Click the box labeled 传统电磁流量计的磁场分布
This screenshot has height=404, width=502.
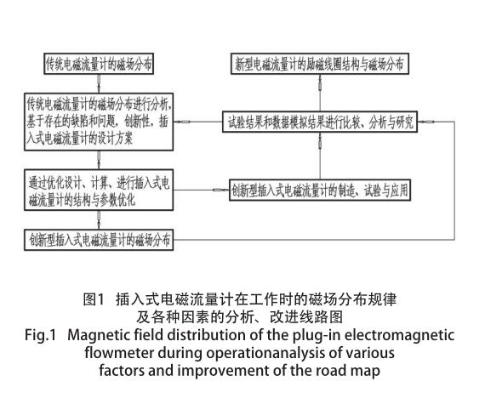point(99,64)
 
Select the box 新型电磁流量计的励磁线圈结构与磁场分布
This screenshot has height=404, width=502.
point(320,64)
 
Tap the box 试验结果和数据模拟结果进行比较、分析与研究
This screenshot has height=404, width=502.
point(320,122)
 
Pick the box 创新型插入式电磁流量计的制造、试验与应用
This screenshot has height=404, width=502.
point(320,191)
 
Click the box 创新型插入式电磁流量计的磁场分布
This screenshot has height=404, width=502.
point(99,240)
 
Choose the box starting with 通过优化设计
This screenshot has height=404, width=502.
point(99,191)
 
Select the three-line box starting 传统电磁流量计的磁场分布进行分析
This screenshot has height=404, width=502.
point(99,122)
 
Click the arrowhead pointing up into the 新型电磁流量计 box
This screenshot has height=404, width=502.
point(320,83)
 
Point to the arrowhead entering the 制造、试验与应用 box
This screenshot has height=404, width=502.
point(221,191)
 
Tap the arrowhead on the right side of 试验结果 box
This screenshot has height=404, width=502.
point(426,122)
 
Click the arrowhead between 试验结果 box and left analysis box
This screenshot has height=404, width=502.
point(182,122)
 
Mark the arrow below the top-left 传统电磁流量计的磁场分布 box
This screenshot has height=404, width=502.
point(99,84)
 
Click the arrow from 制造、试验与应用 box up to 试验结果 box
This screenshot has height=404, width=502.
point(320,156)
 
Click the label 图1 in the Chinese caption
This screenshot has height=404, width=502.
point(94,299)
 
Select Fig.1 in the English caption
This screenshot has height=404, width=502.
point(40,335)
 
